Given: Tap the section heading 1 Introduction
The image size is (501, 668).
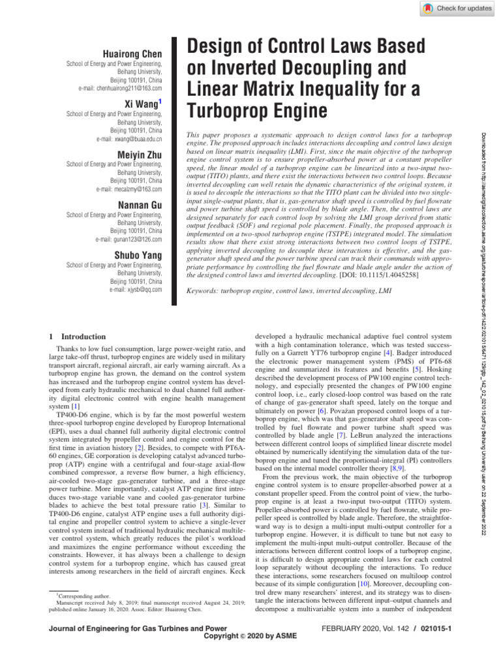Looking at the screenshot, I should [74, 337].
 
